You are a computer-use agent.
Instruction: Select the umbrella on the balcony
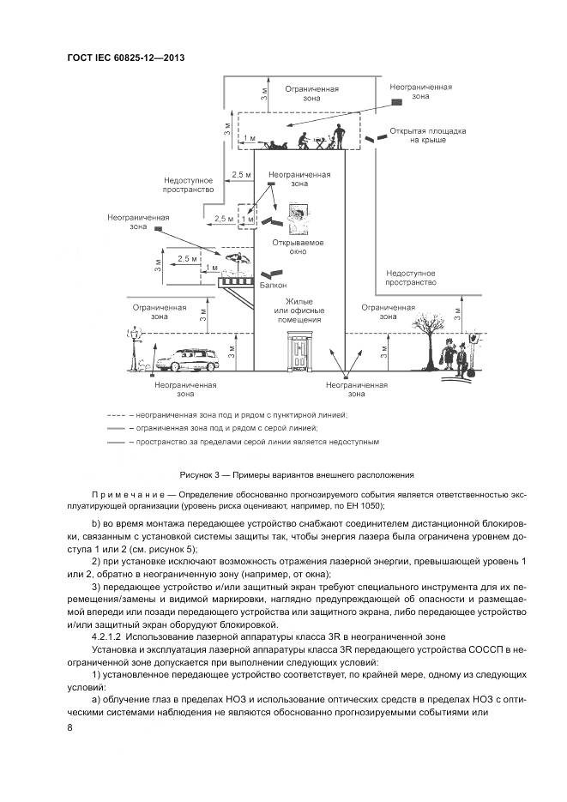(236, 259)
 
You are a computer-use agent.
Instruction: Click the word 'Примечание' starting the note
(127, 495)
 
